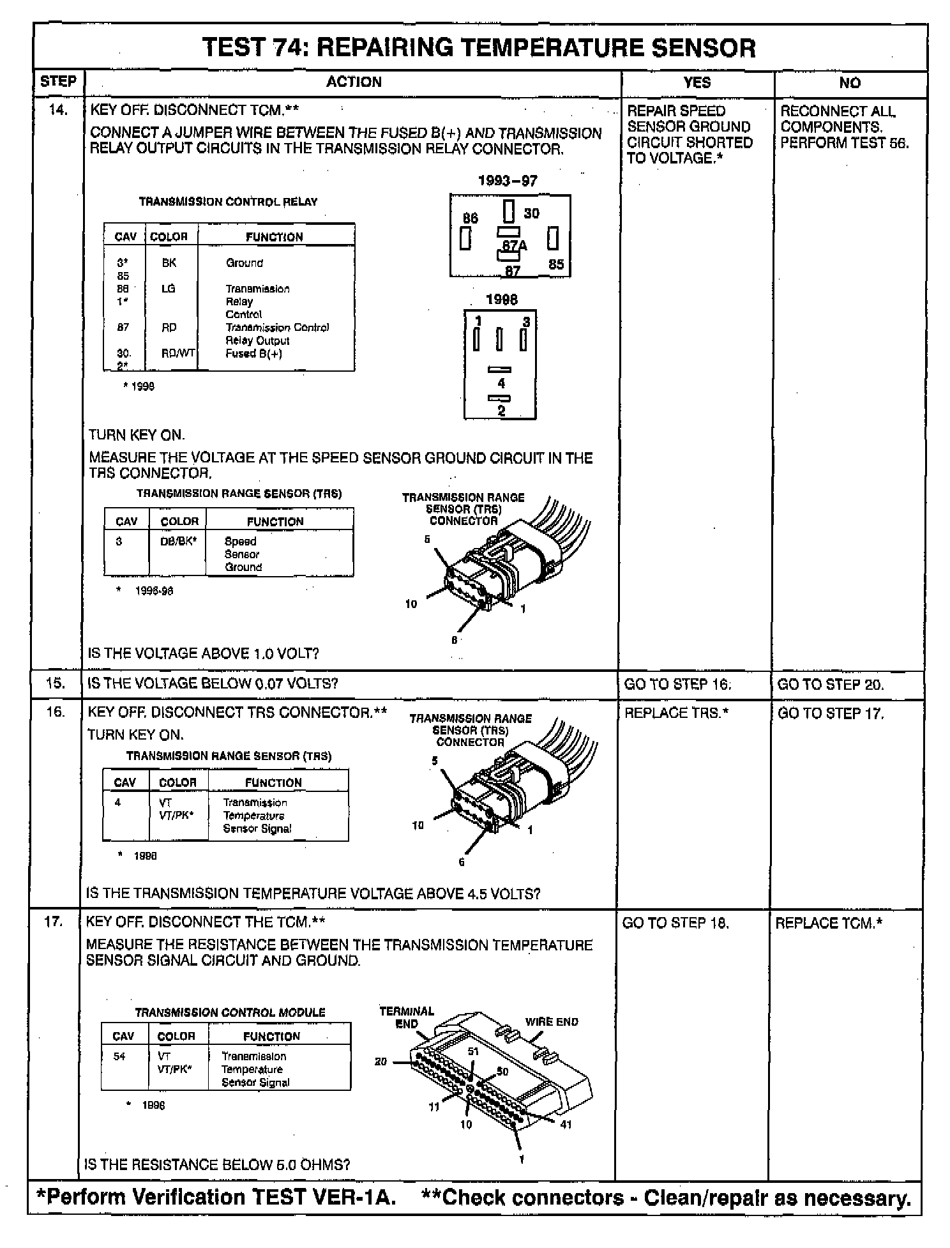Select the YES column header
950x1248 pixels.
tap(697, 82)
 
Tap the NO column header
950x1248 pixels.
tap(850, 82)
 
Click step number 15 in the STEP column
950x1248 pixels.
tap(56, 683)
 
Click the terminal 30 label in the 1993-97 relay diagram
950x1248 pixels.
tap(531, 213)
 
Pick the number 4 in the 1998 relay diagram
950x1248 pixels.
tap(501, 383)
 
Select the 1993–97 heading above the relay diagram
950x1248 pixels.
tap(508, 181)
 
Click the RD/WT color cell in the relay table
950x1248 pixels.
tap(178, 353)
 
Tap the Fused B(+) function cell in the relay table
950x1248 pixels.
tap(253, 353)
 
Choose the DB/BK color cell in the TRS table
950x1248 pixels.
tap(178, 541)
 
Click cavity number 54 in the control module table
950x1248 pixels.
tap(120, 1056)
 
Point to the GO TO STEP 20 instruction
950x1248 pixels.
tap(831, 685)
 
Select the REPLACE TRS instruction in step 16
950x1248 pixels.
tap(676, 713)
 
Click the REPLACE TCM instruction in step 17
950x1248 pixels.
tap(829, 923)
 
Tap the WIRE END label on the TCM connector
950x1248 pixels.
tap(551, 1021)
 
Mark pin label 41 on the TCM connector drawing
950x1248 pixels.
tap(566, 1125)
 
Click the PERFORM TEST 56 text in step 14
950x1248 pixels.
tap(844, 142)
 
